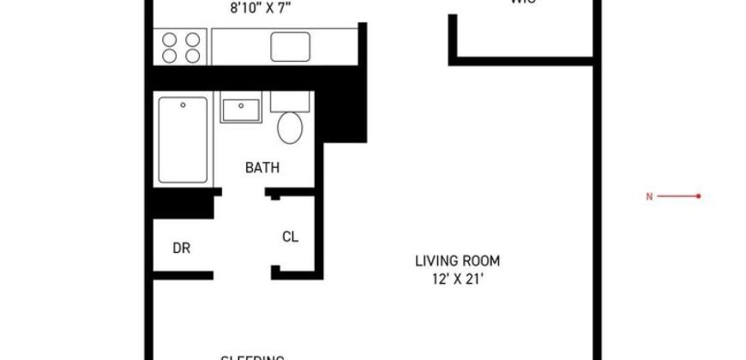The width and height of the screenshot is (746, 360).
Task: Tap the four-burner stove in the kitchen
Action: pos(181,46)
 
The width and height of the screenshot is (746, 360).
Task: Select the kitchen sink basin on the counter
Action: pos(290,46)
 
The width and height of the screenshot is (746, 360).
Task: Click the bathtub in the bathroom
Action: pos(183,140)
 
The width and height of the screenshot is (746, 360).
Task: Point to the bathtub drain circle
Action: pos(183,105)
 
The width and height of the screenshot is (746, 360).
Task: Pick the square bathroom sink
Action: pos(241,110)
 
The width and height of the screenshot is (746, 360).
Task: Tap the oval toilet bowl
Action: pos(290,128)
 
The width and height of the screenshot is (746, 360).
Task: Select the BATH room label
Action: pos(262,168)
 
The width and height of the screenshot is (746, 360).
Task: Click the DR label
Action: pos(181,249)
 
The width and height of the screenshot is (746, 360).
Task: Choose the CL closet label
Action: pos(290,237)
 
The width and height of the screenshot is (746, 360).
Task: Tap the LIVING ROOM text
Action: pos(457,261)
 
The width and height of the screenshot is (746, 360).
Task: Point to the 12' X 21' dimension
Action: pos(457,279)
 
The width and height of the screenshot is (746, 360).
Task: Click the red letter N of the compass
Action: pos(649,196)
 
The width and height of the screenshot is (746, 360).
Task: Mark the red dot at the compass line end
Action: pos(699,196)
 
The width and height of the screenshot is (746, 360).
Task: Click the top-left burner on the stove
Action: pos(170,39)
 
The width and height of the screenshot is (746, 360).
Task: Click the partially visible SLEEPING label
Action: pos(253,357)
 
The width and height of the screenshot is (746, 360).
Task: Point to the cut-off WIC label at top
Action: pos(520,3)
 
